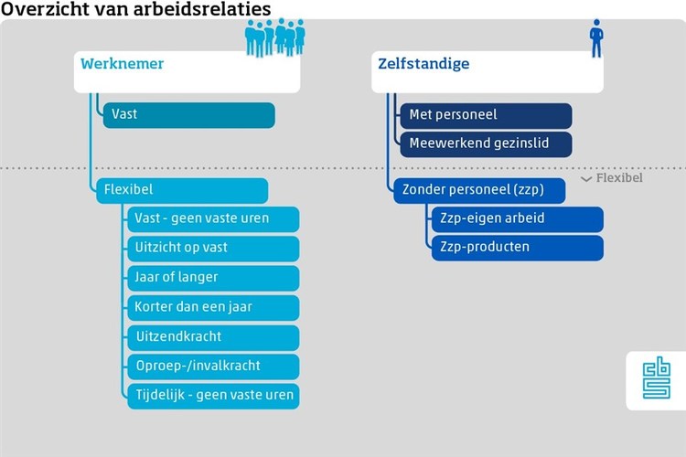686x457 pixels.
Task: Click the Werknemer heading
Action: click(x=122, y=64)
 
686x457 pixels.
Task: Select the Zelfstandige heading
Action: click(x=423, y=64)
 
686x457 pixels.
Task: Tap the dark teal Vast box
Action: click(x=189, y=115)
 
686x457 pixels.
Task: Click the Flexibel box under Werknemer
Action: click(x=182, y=191)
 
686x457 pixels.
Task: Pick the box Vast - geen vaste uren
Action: click(x=213, y=219)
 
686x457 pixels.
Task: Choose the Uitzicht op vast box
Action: click(x=213, y=249)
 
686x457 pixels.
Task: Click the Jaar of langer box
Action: click(x=213, y=278)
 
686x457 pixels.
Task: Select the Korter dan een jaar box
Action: click(x=213, y=308)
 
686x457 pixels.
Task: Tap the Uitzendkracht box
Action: click(x=213, y=337)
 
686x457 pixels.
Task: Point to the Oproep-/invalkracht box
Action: click(x=213, y=367)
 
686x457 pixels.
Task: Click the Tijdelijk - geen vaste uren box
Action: click(x=213, y=397)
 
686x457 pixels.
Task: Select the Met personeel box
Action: click(x=486, y=116)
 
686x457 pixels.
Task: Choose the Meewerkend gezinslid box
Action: click(x=486, y=144)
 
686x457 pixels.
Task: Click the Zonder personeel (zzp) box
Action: click(x=479, y=191)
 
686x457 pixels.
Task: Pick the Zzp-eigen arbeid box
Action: click(x=518, y=219)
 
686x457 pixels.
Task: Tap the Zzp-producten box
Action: click(x=518, y=248)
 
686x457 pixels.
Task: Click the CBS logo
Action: click(x=656, y=377)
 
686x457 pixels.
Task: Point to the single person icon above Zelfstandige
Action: click(x=596, y=38)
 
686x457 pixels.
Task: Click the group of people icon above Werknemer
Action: click(x=274, y=37)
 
